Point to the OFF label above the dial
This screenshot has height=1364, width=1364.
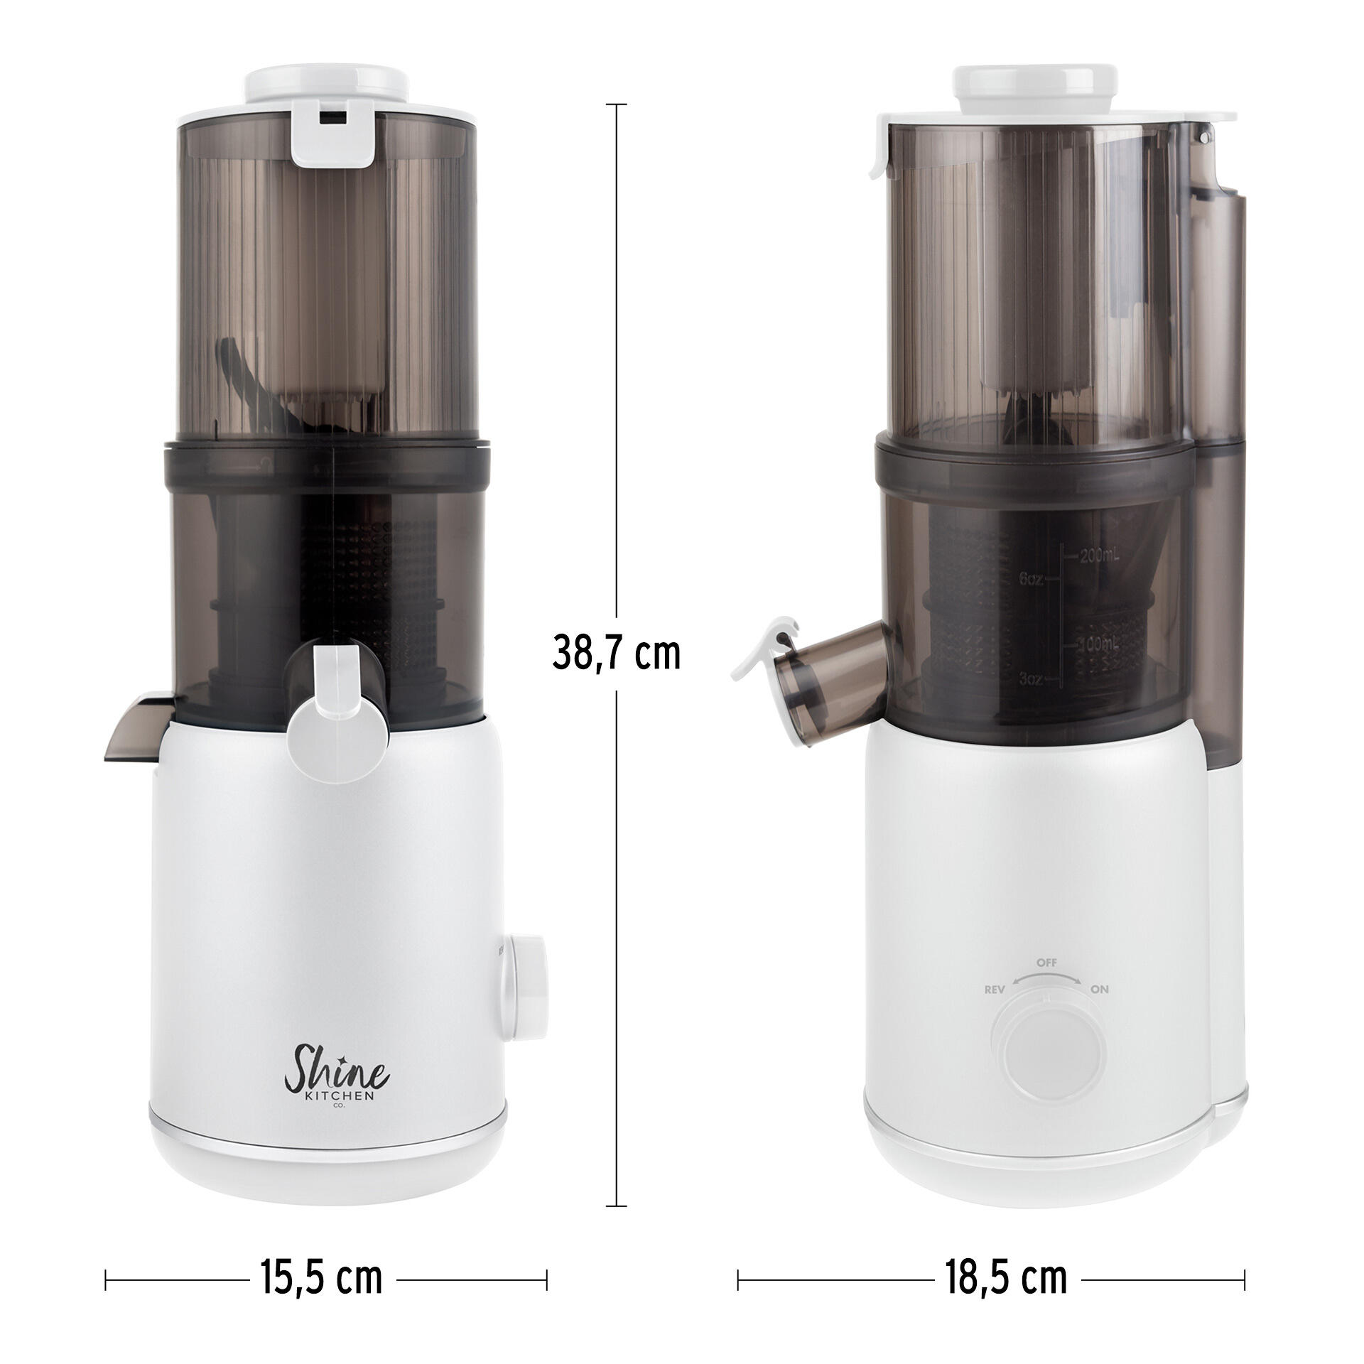pos(1046,962)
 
